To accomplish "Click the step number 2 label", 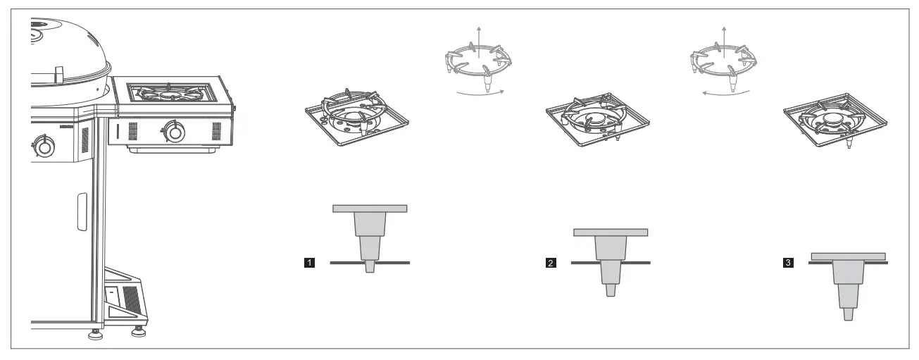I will coord(550,263).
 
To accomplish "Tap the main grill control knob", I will coord(44,147).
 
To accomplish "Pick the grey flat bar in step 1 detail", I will coord(370,209).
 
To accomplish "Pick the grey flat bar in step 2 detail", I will coord(611,232).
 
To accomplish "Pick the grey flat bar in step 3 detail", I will coord(848,255).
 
